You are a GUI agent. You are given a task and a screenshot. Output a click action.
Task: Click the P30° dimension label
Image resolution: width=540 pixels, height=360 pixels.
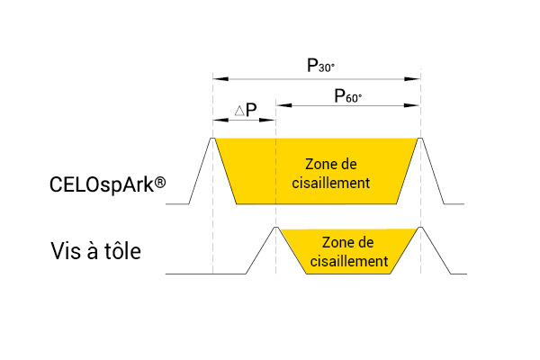pos(320,66)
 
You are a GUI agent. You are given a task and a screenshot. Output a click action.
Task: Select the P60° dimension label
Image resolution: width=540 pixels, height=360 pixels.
pos(347,96)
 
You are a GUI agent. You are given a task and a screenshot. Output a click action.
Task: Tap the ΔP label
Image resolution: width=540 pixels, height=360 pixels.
pos(246,110)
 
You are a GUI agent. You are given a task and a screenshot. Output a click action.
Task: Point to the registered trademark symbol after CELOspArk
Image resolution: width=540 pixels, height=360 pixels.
pos(160,182)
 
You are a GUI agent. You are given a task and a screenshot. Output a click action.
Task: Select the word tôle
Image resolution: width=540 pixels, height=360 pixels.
pos(123,251)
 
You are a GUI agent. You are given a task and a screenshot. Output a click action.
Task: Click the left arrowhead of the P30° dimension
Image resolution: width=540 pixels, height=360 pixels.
pos(220,79)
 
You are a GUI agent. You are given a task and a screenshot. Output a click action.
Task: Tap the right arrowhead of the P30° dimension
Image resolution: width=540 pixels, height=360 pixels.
pos(412,79)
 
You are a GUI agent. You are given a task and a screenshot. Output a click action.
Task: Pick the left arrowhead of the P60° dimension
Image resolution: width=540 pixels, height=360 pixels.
pos(284,105)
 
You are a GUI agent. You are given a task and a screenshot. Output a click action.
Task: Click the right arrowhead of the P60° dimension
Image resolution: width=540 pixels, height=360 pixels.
pos(412,105)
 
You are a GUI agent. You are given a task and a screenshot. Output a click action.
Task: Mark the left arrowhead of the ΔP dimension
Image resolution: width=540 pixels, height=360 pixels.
pos(220,121)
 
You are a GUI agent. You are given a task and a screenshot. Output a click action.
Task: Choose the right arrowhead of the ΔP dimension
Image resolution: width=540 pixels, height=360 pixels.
pos(267,121)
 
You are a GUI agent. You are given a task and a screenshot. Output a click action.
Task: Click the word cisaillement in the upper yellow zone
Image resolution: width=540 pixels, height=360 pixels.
pos(331,183)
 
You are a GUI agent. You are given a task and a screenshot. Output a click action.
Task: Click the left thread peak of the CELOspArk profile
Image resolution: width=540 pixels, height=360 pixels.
pos(212,138)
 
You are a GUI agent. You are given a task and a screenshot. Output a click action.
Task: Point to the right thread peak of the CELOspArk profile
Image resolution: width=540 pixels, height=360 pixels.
pos(420,138)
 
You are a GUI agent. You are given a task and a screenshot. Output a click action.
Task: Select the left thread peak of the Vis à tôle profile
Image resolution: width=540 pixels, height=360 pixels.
pos(275,227)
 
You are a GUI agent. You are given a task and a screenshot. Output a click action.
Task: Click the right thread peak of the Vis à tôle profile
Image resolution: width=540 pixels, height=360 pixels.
pos(420,227)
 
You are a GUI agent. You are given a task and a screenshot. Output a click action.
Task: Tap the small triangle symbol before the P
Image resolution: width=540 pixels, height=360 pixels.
pos(239,111)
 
